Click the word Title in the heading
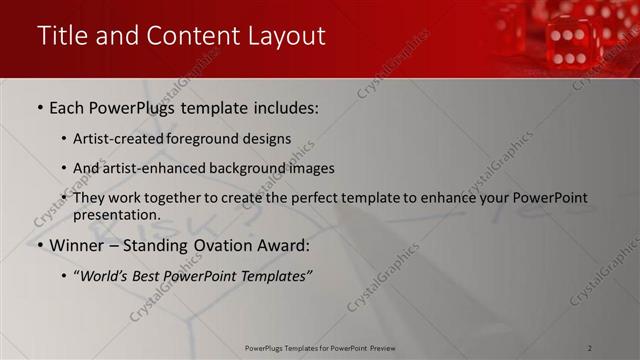tap(62, 36)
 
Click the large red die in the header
tap(567, 43)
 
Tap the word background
tap(237, 168)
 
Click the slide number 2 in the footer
tap(589, 348)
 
